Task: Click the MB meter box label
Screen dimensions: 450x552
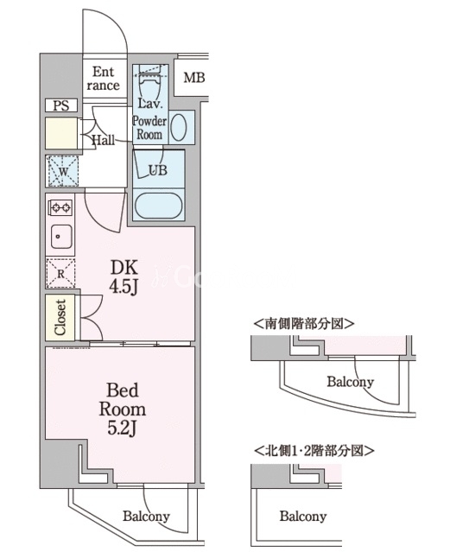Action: click(194, 78)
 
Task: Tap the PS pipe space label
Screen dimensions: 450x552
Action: click(61, 105)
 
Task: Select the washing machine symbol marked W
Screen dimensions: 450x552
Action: click(63, 171)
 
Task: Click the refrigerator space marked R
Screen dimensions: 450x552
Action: click(60, 274)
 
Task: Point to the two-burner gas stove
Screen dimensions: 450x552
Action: click(61, 207)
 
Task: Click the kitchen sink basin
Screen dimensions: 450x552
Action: click(61, 237)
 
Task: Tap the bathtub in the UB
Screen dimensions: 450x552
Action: click(158, 206)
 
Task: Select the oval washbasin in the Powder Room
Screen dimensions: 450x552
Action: click(179, 127)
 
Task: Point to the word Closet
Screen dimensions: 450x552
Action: click(60, 317)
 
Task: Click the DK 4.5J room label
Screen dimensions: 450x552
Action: click(124, 277)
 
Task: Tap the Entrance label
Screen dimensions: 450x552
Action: click(103, 79)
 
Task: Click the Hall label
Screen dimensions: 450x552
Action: click(103, 141)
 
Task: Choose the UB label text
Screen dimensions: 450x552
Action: click(158, 170)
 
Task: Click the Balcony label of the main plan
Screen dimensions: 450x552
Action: click(146, 517)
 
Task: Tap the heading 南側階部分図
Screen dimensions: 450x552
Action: click(304, 324)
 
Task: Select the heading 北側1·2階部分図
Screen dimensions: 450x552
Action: click(314, 450)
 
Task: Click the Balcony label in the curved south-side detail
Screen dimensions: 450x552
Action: click(350, 382)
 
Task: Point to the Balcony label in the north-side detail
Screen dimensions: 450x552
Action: click(303, 517)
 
